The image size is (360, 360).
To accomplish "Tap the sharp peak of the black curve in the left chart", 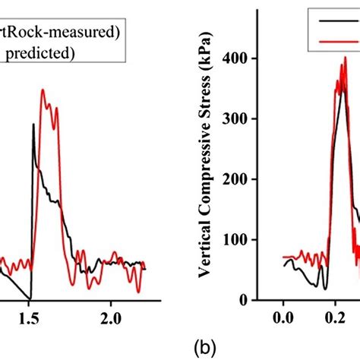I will click(33, 124).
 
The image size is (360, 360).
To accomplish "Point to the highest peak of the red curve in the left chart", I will click(43, 90).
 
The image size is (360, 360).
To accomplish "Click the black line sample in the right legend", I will click(334, 22).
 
